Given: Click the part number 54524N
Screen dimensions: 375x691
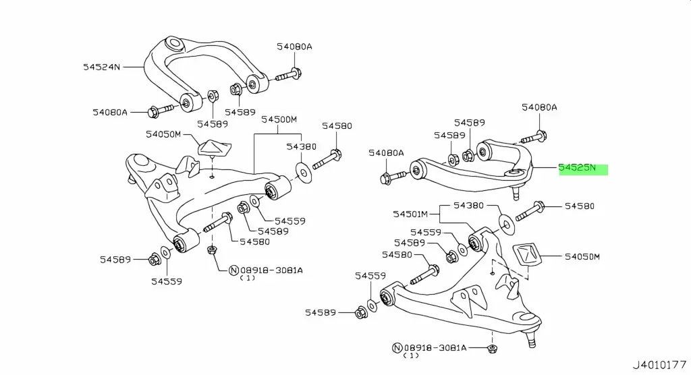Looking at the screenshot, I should (101, 67).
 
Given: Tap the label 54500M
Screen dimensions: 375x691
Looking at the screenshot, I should (279, 119).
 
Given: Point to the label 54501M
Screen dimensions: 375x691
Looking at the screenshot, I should (411, 214).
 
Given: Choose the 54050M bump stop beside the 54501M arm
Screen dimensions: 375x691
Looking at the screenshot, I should (528, 258).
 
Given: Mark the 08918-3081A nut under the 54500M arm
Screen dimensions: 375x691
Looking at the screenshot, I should (211, 251).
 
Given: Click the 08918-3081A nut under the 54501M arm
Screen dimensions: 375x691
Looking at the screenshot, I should (492, 349).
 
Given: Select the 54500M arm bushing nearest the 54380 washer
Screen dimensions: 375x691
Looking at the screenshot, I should (277, 190).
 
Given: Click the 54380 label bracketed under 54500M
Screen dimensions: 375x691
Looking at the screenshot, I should (300, 146).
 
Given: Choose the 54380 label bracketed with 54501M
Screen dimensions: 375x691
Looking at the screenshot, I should (469, 205).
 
